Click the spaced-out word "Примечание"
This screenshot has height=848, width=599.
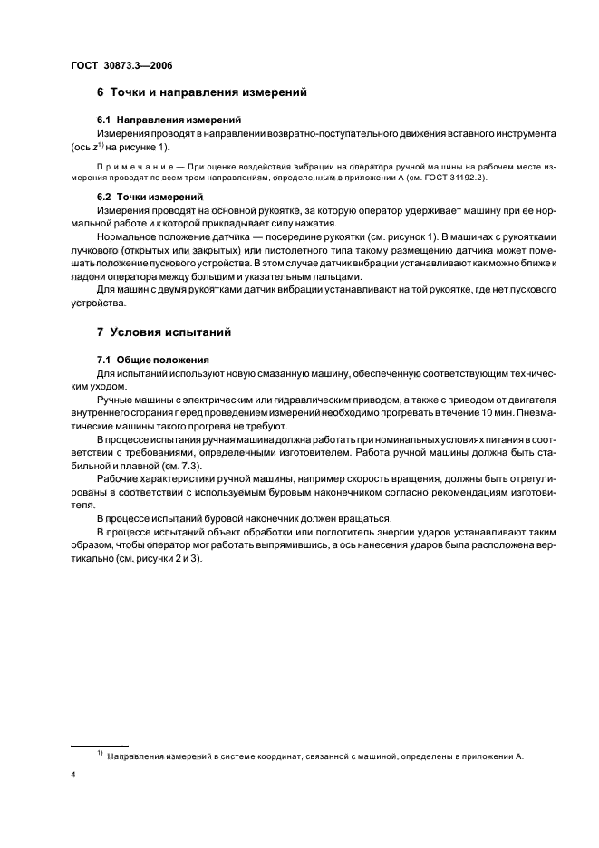click(129, 167)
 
